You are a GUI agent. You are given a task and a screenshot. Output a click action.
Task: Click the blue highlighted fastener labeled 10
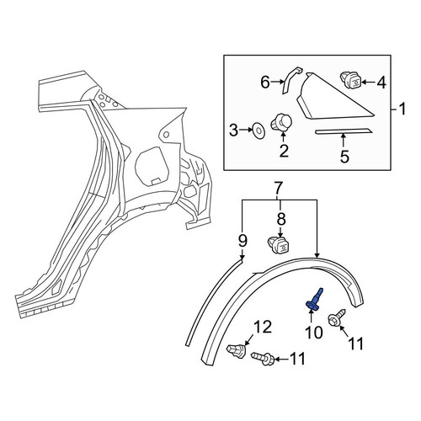pos(314,300)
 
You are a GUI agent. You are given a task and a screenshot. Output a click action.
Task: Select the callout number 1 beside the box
pos(402,109)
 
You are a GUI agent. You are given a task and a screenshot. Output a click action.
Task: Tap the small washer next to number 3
pos(258,131)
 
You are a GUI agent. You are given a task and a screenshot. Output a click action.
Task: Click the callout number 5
pos(344,157)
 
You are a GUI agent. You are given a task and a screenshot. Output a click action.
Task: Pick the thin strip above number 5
pos(344,131)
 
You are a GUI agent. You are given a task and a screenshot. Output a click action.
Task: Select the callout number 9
pos(242,241)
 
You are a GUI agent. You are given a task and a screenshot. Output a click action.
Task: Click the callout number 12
pos(263,328)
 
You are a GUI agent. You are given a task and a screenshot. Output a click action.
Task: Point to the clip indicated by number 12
pos(237,351)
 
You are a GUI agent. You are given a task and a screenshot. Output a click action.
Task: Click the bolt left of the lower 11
pos(263,358)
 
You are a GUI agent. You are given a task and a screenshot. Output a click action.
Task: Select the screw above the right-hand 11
pos(337,317)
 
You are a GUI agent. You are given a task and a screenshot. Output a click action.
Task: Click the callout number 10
pos(314,333)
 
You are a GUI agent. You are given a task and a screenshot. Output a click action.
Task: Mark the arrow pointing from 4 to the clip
pos(368,83)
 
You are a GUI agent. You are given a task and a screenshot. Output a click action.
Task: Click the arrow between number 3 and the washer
pos(246,130)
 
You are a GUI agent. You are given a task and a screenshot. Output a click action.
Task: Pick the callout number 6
pos(265,83)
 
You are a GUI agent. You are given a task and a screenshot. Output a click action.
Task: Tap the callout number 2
pos(284,151)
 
